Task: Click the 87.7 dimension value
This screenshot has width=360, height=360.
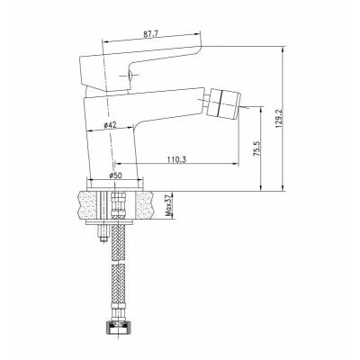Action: point(151,34)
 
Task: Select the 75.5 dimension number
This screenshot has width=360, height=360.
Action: point(256,148)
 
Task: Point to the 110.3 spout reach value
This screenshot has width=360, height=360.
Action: point(176,159)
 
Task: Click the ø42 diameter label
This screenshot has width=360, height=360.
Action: point(110,126)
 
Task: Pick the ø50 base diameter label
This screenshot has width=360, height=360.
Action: point(115,175)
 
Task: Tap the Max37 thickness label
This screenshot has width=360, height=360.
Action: point(169,205)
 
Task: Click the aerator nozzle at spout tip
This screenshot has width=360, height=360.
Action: point(225,103)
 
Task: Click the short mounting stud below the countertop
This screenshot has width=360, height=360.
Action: point(103,233)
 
